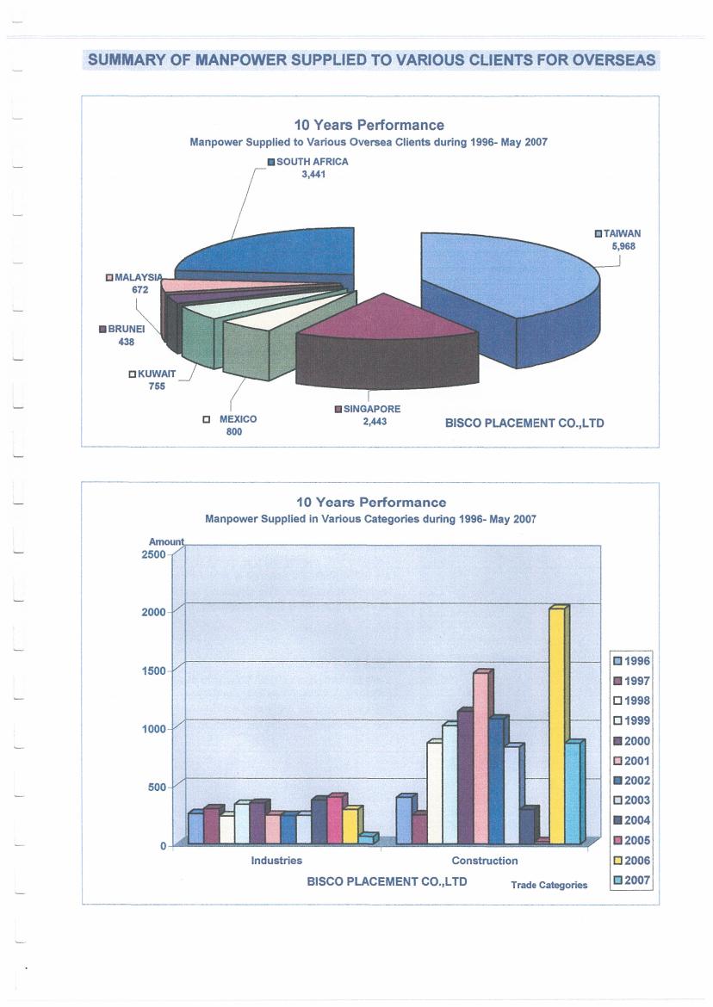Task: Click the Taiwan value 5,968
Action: tap(623, 245)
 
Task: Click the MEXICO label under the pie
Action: tap(239, 418)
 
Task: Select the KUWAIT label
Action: tap(157, 374)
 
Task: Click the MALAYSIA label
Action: tap(138, 277)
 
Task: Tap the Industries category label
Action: tap(276, 860)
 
